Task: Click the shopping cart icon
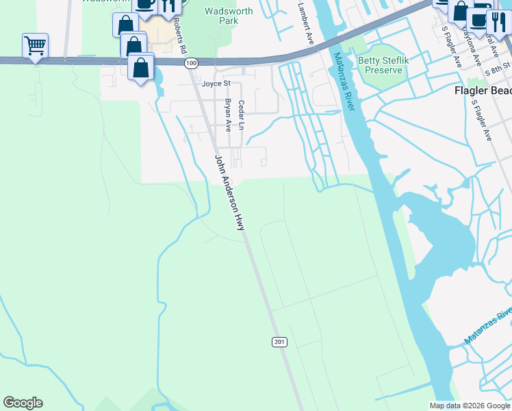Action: click(x=35, y=46)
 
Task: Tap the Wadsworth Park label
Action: click(x=229, y=16)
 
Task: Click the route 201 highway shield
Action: click(x=279, y=342)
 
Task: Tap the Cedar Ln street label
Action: click(x=241, y=115)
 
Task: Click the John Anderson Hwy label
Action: click(x=230, y=192)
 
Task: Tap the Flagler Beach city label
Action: click(x=483, y=90)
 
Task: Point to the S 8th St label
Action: click(x=497, y=71)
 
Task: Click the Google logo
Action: click(x=23, y=403)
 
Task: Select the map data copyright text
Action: click(x=470, y=406)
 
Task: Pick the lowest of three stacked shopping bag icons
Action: click(x=140, y=68)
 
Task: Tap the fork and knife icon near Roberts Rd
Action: click(x=168, y=5)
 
